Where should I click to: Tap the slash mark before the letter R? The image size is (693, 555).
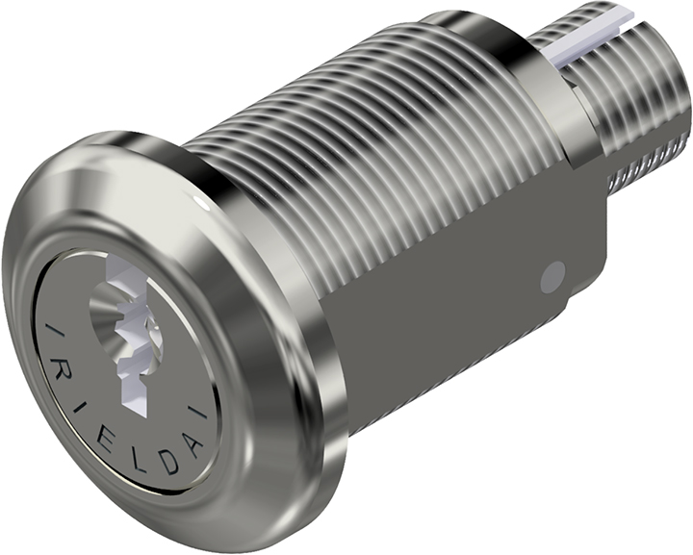click(52, 333)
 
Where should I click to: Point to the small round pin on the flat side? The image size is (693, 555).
click(552, 277)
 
